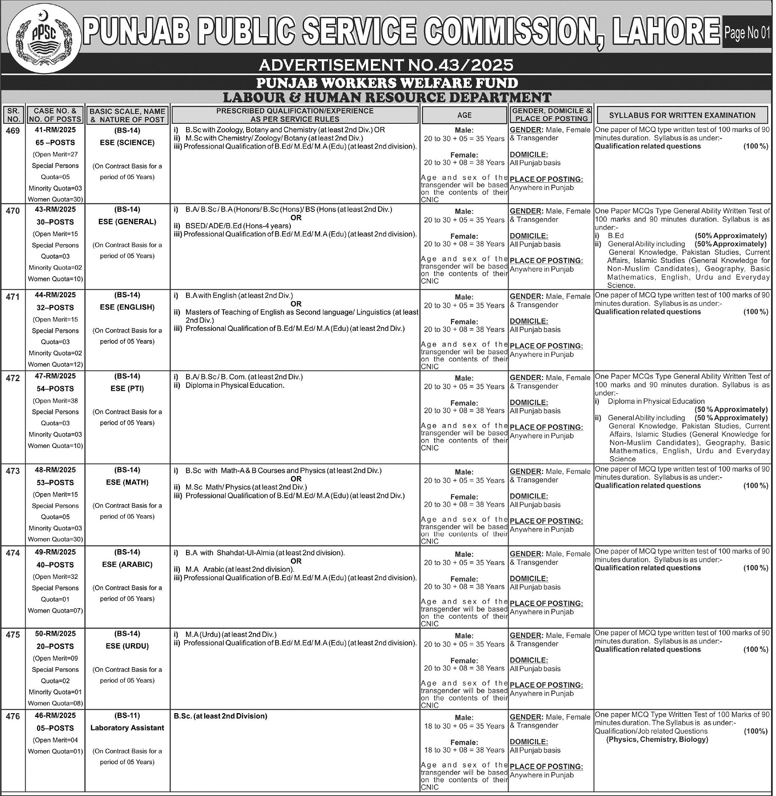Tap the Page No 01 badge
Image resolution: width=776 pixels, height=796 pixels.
click(x=746, y=33)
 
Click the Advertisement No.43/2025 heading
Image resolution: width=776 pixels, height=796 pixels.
click(x=386, y=65)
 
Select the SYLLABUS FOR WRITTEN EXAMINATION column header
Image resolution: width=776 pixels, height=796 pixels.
click(x=682, y=115)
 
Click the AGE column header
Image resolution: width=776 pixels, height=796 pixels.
click(x=464, y=115)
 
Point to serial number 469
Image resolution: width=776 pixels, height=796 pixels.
click(x=13, y=131)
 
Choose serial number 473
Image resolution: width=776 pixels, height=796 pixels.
click(x=13, y=471)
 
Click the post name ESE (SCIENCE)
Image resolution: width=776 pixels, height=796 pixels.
click(x=127, y=143)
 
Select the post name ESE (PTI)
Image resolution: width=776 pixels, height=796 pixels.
click(x=127, y=388)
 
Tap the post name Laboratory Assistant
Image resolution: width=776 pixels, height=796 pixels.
click(x=127, y=728)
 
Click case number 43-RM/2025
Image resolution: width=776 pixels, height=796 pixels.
click(x=55, y=210)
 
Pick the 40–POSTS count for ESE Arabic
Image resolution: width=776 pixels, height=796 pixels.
click(x=55, y=565)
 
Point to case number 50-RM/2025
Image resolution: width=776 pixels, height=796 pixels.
click(x=55, y=634)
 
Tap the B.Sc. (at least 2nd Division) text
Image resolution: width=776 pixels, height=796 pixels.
click(x=220, y=716)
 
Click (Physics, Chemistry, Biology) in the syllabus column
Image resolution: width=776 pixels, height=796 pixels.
click(x=657, y=740)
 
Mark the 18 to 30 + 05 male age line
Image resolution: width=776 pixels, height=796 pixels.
click(x=464, y=726)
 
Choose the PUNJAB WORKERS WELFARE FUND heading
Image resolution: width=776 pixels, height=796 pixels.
click(x=387, y=83)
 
